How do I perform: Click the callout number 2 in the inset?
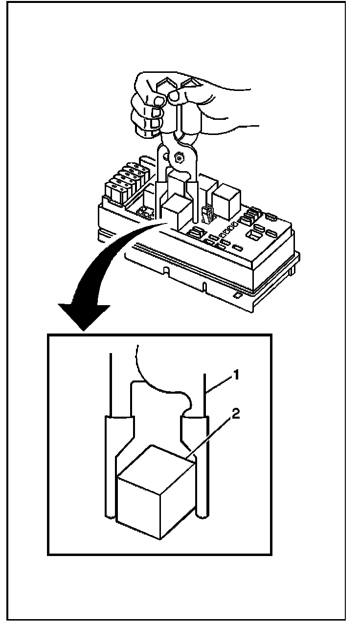(x=236, y=414)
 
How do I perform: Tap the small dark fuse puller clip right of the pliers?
(x=207, y=213)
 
